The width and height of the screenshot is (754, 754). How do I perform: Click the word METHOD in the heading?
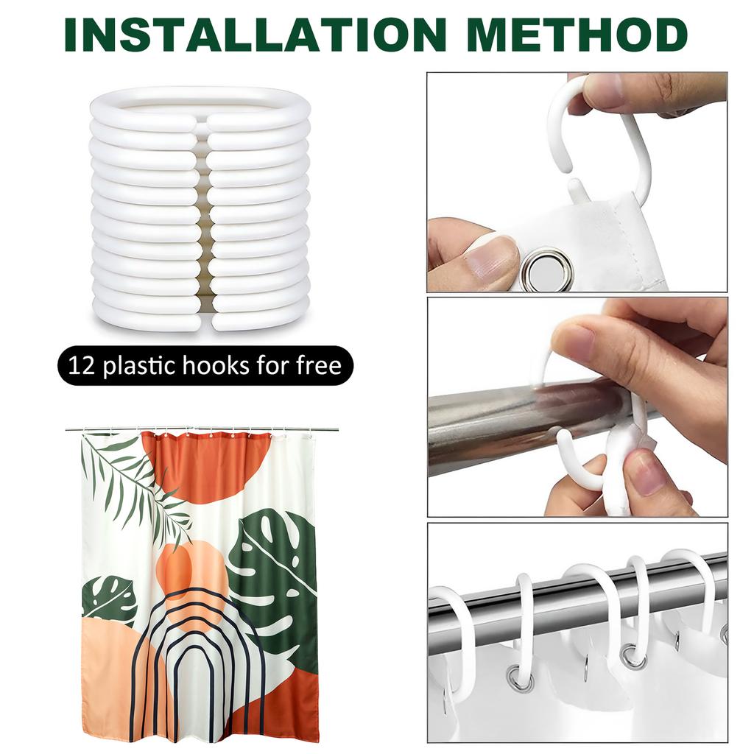tap(577, 35)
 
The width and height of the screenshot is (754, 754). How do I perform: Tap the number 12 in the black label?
tap(82, 365)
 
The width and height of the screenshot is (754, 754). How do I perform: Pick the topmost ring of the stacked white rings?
tap(200, 109)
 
